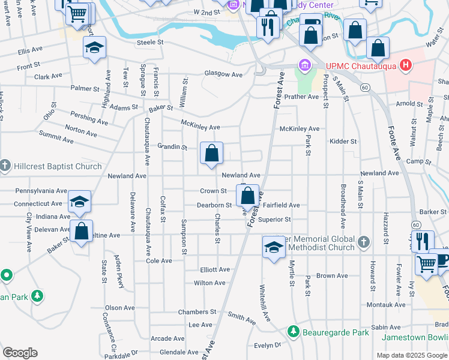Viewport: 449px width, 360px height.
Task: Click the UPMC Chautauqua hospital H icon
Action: [406, 65]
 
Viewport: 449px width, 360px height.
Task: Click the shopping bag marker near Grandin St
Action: [211, 154]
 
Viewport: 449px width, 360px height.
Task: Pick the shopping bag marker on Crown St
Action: [247, 195]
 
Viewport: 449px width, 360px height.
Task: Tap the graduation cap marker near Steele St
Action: [94, 48]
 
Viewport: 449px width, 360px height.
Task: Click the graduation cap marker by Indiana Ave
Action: [79, 203]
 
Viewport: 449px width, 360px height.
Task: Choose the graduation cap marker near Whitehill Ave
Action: [273, 247]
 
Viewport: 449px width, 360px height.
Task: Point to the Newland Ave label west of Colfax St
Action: [127, 176]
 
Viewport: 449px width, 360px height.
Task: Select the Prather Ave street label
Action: [301, 97]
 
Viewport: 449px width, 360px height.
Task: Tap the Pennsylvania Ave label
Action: [41, 190]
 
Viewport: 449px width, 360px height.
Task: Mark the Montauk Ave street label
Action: [386, 305]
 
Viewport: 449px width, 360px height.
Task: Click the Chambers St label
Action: [197, 312]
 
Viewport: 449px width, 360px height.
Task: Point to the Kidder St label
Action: [343, 141]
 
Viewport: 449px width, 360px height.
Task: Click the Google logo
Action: [20, 353]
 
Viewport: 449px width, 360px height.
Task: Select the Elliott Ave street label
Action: [215, 270]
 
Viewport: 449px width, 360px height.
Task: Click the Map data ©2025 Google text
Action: [411, 355]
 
